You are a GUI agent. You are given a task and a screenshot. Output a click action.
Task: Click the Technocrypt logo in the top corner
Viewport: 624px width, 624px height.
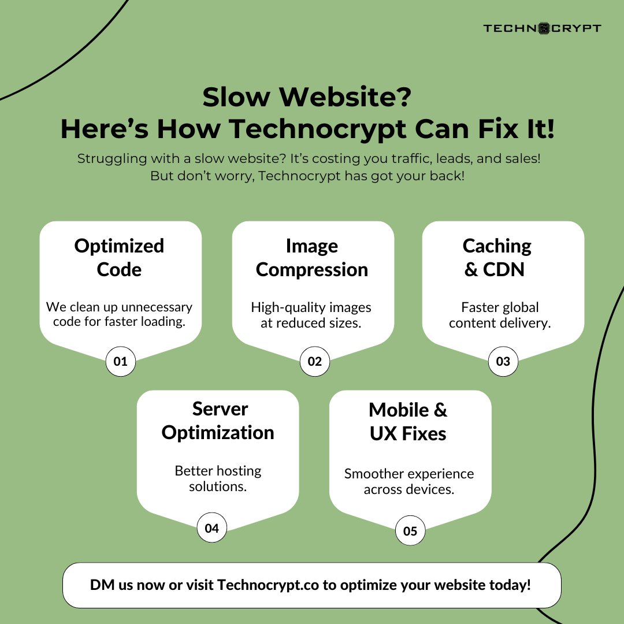point(542,28)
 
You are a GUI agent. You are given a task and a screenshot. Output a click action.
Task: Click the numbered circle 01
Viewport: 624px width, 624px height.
point(120,362)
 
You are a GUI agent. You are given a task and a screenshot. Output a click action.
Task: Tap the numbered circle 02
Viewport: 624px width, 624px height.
point(314,362)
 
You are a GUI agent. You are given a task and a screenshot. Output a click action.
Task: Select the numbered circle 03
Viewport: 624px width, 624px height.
point(503,362)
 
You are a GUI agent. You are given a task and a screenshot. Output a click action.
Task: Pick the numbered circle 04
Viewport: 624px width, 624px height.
point(211,528)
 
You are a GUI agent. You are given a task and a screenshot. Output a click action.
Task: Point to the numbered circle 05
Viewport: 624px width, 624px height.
point(410,531)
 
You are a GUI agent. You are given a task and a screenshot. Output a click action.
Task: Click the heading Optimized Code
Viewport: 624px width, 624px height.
point(120,258)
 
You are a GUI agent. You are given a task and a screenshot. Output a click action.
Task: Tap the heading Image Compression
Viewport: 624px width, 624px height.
point(312,258)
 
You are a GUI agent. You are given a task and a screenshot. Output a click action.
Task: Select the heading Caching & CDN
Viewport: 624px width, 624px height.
point(496,258)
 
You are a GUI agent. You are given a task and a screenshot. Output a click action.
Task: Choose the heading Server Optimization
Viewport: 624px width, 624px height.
point(218,421)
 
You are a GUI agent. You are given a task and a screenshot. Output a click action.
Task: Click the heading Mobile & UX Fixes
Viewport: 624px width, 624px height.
point(408,422)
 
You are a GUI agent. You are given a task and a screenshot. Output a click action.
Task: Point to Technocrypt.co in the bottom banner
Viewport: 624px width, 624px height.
point(269,585)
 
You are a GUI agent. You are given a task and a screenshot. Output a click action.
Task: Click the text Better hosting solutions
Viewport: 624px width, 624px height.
point(218,478)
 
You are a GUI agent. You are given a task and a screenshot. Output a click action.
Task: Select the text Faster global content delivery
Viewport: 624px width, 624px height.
point(500,315)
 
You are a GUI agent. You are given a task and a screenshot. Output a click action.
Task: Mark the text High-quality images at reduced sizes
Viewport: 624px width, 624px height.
point(311,315)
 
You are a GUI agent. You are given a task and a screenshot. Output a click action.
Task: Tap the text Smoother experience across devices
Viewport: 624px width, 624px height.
point(409,481)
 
